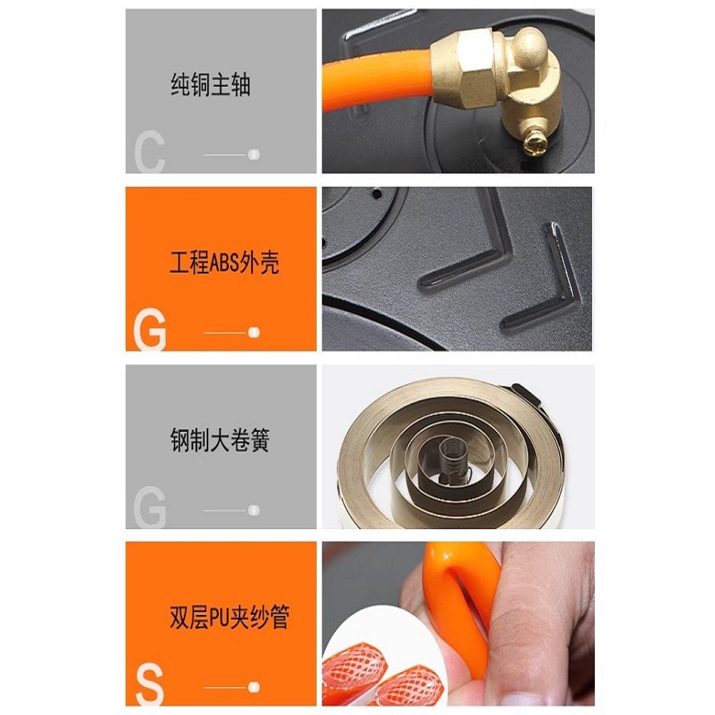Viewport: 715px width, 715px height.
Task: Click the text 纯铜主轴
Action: click(211, 85)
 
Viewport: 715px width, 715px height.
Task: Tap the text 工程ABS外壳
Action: click(224, 262)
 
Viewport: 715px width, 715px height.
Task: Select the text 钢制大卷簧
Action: click(220, 440)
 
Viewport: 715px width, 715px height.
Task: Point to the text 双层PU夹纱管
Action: click(230, 618)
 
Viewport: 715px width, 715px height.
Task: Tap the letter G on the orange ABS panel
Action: click(149, 330)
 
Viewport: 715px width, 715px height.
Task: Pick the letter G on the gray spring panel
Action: click(149, 507)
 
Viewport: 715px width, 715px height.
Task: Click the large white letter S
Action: click(149, 686)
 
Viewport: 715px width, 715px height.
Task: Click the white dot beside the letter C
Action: click(254, 154)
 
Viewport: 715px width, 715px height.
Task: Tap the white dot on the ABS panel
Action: click(254, 332)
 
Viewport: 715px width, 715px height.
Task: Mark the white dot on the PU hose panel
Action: click(254, 687)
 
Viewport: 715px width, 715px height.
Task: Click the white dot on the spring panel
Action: click(254, 511)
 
